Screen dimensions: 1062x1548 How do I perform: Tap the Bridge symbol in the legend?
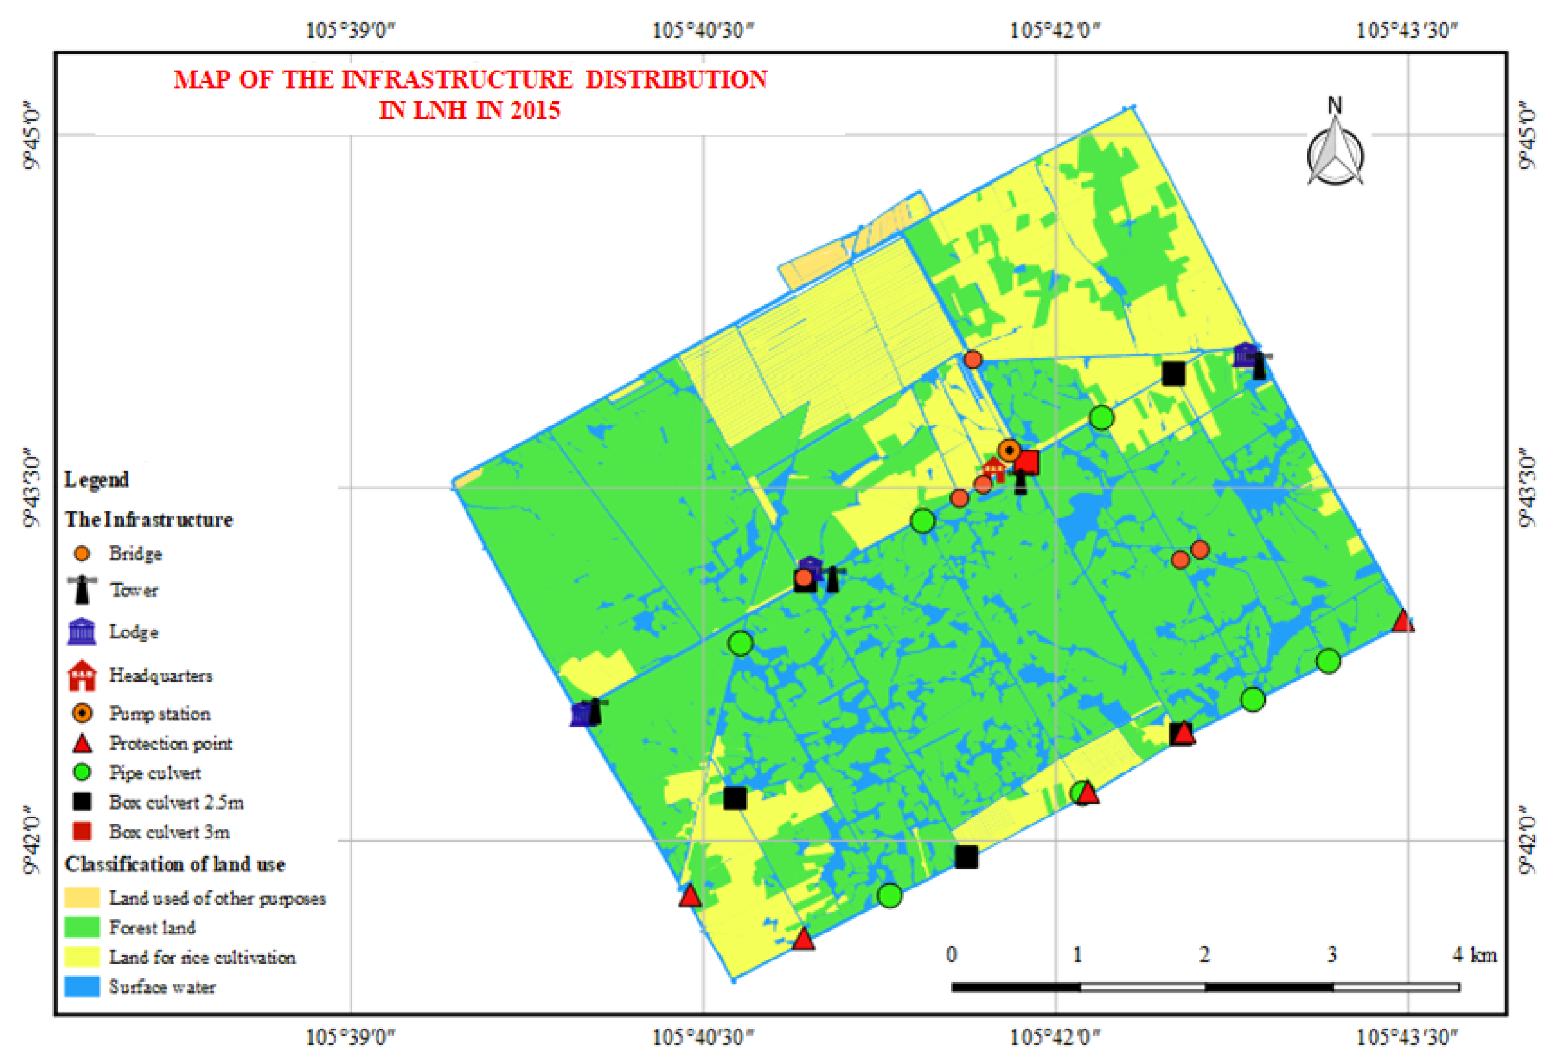82,553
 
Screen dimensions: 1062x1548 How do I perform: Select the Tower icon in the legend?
82,590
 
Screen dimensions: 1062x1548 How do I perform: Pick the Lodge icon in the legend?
82,631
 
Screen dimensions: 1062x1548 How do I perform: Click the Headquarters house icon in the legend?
82,676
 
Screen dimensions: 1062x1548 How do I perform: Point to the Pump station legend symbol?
82,713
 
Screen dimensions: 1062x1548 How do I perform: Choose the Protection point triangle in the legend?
82,743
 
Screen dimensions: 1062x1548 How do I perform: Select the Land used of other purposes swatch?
82,897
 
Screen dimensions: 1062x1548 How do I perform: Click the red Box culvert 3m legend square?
82,831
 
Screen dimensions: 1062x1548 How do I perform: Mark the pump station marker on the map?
1009,451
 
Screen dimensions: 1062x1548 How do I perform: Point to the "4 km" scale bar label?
1475,955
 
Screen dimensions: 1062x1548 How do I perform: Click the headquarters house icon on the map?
994,469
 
